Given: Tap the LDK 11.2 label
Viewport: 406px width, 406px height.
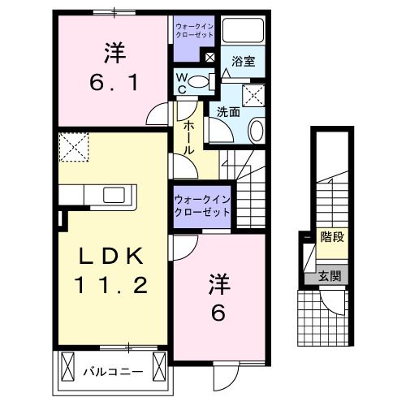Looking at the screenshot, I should coord(112,272).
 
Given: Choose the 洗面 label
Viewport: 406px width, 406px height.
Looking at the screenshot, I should coord(227,112).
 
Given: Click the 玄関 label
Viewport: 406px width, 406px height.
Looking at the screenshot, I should coord(330,276).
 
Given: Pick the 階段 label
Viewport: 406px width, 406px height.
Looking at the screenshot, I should coord(331,237).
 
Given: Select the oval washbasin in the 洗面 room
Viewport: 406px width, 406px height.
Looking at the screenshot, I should coord(257,130).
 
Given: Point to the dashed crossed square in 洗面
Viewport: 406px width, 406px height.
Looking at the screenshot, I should coord(257,96).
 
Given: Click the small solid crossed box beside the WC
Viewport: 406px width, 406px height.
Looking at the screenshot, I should coord(210,58).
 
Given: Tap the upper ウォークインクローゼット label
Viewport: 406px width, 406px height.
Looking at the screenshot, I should coord(196,31).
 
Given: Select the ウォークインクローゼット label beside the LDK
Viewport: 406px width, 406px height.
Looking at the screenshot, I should coord(202,205).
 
